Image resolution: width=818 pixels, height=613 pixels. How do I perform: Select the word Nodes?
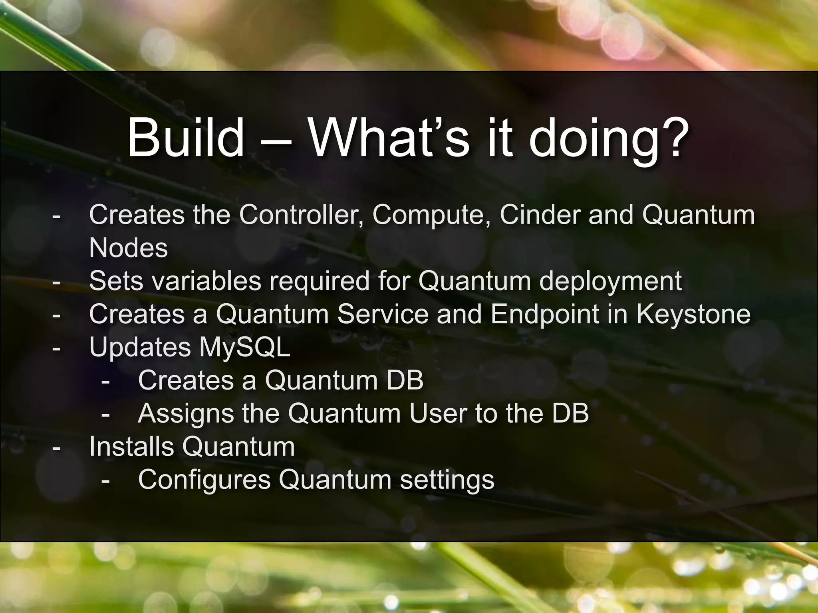tap(128, 248)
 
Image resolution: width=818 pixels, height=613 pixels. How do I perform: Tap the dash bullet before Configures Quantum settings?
tap(105, 481)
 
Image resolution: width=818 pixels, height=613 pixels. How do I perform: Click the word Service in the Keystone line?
tap(383, 314)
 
